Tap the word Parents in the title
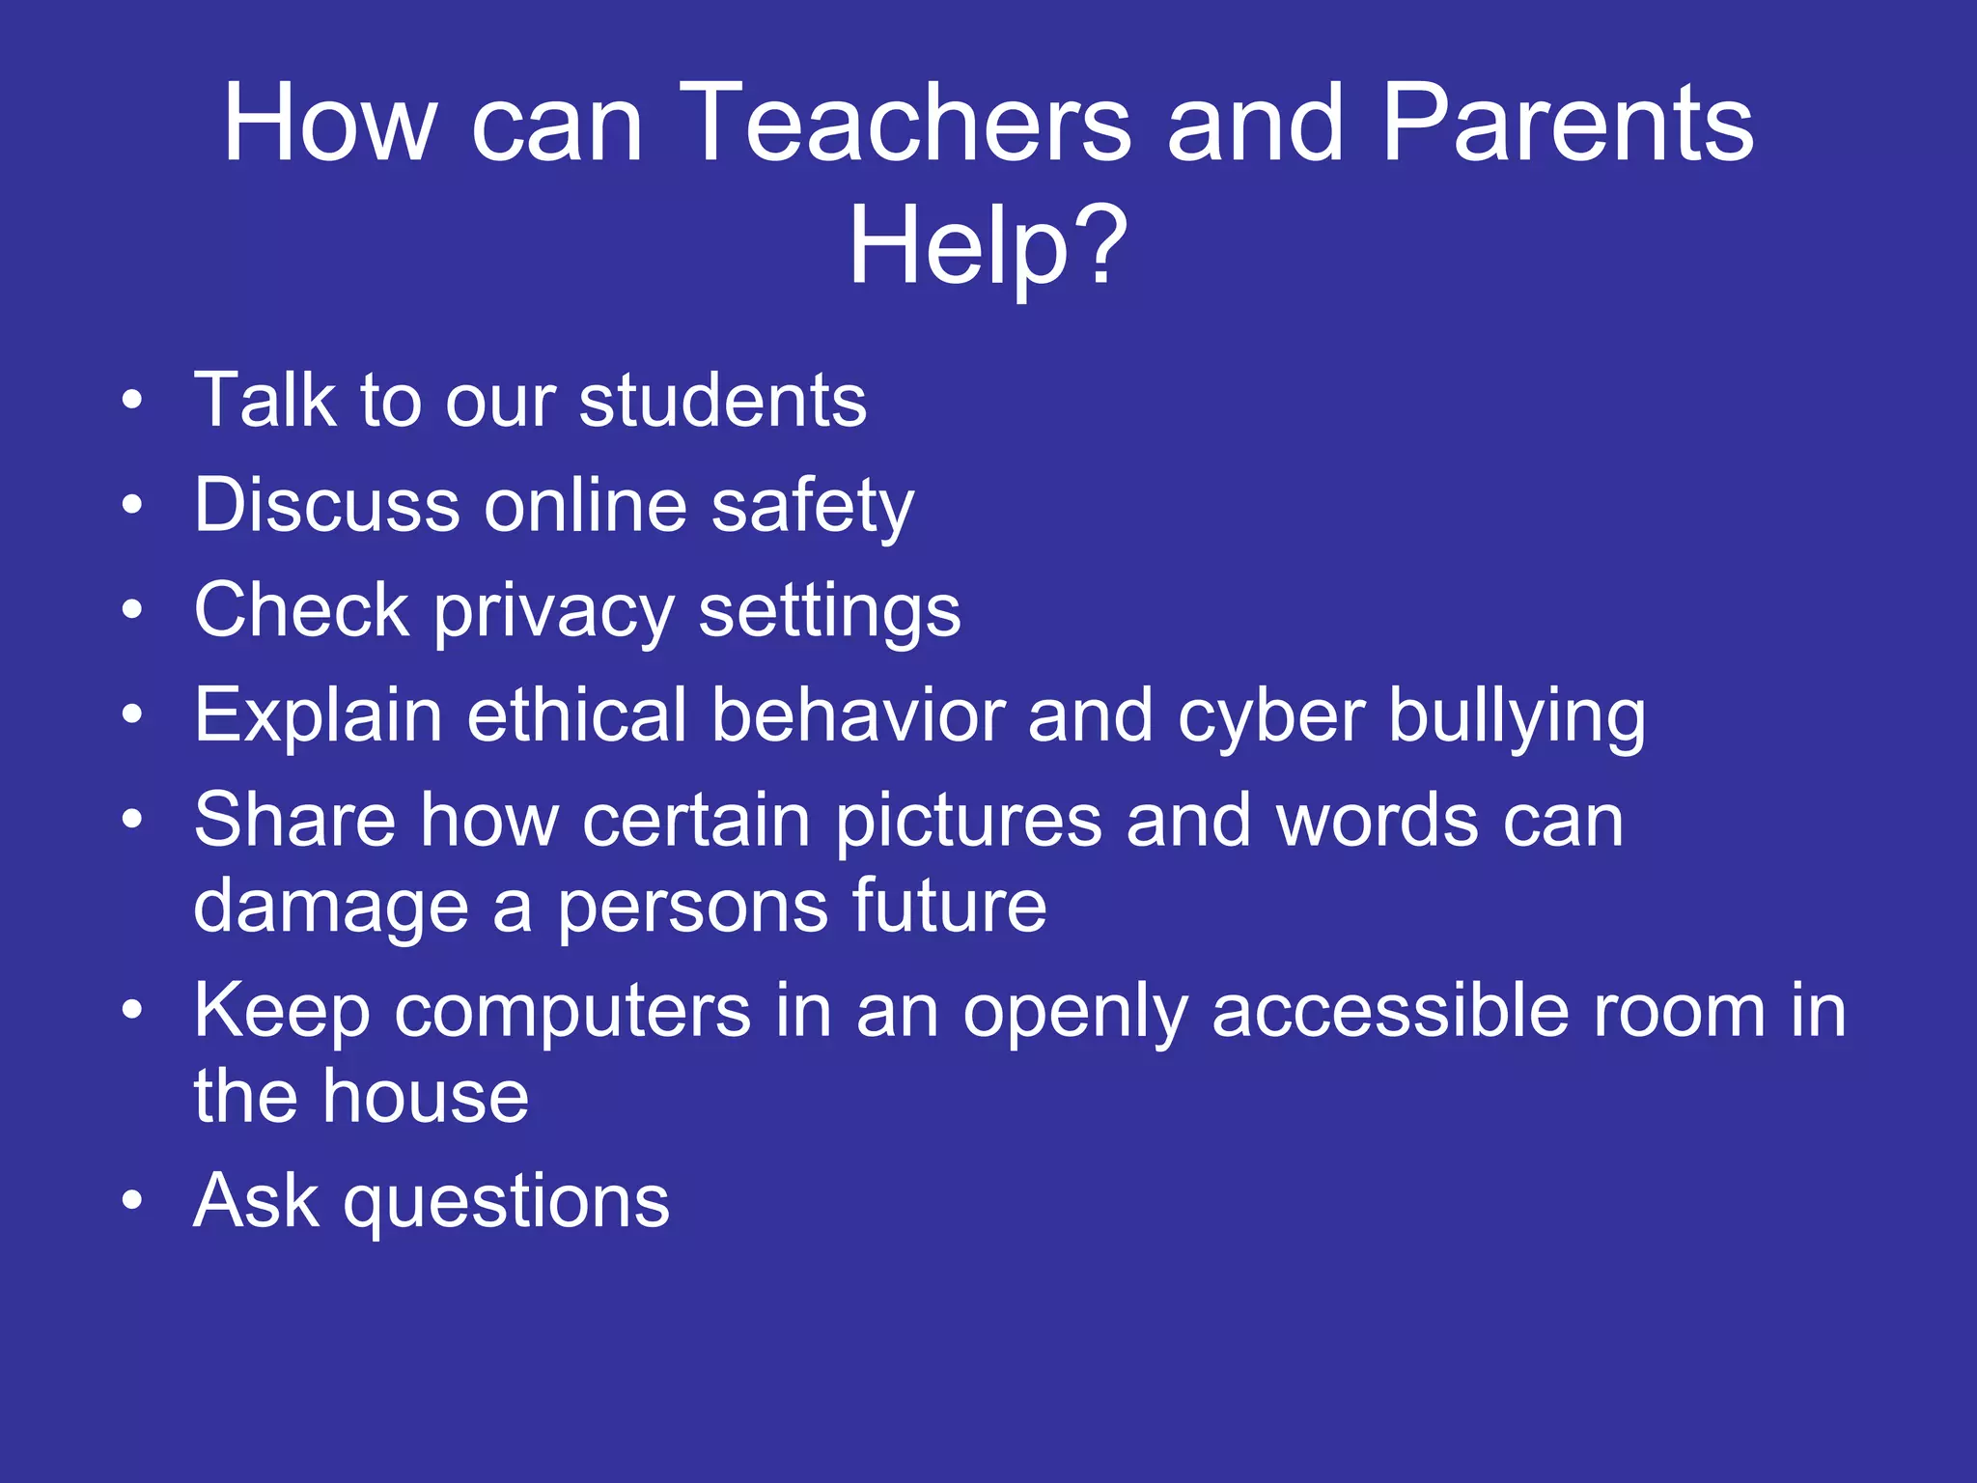[x=1567, y=124]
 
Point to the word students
[x=722, y=401]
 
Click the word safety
[x=812, y=506]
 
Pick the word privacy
[x=554, y=612]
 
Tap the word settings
[x=829, y=612]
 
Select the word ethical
[x=576, y=716]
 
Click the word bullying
[x=1517, y=716]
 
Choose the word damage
[x=330, y=908]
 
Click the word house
[x=426, y=1097]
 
